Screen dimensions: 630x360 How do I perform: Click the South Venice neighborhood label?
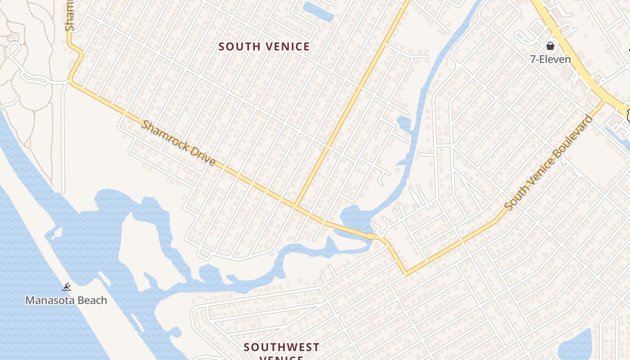(264, 47)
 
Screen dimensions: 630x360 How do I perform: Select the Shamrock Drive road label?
(178, 143)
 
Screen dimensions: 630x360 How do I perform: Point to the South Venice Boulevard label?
(549, 162)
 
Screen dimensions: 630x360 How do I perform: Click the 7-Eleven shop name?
(550, 59)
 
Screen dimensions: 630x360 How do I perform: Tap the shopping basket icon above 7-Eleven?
(550, 46)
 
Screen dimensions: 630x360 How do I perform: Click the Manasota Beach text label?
(66, 300)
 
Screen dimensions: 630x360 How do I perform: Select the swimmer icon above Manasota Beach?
(67, 287)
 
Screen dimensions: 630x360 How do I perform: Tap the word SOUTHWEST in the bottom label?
(282, 347)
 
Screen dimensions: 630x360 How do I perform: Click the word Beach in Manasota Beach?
(93, 300)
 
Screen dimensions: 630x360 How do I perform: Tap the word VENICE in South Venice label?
(287, 47)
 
